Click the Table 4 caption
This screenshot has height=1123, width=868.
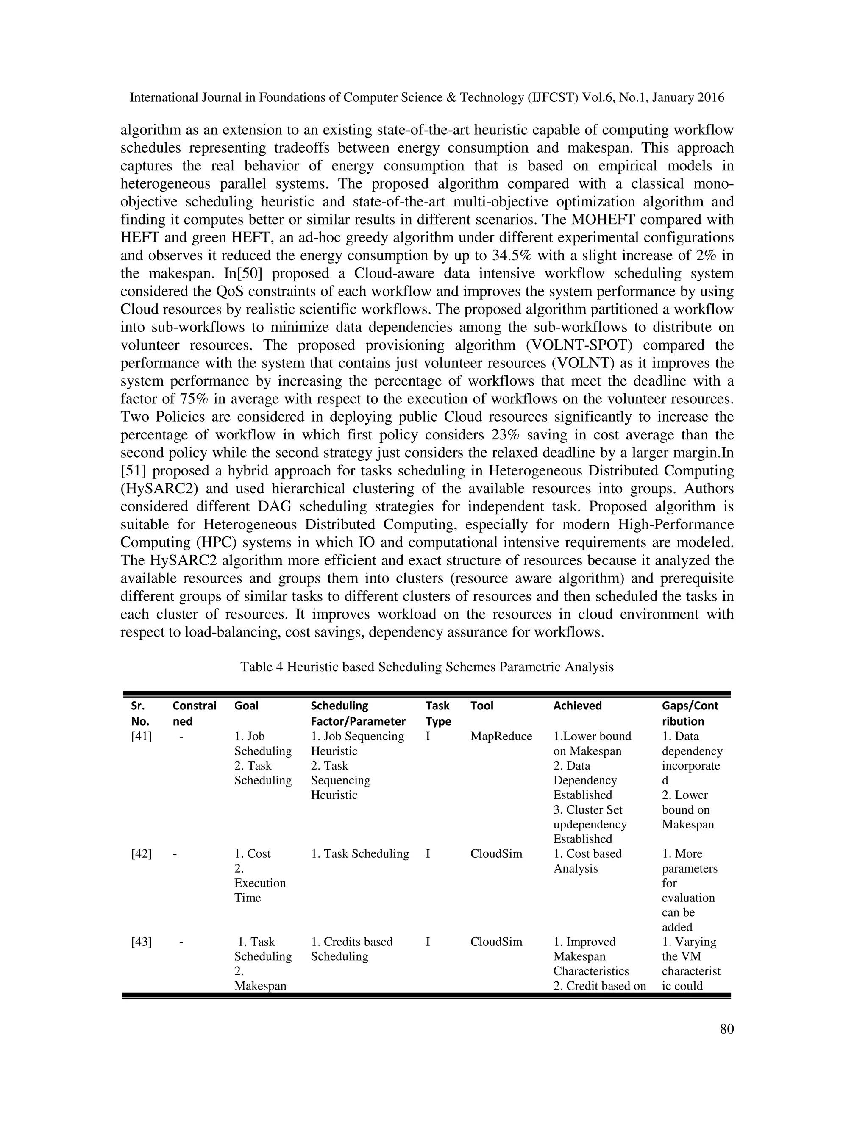[x=427, y=667]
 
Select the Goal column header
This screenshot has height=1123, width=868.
[x=246, y=706]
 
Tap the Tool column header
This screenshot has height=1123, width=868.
[x=481, y=706]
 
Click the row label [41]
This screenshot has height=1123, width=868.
[x=142, y=737]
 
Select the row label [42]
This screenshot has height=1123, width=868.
[x=142, y=853]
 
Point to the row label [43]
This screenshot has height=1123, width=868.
[x=142, y=942]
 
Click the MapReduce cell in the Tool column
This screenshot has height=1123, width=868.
[x=501, y=737]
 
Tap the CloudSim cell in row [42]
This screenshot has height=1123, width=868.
[x=496, y=853]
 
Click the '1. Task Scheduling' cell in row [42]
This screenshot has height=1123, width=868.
[x=360, y=853]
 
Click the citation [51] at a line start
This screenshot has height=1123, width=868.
[x=133, y=470]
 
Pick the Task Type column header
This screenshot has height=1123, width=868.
[x=437, y=713]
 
